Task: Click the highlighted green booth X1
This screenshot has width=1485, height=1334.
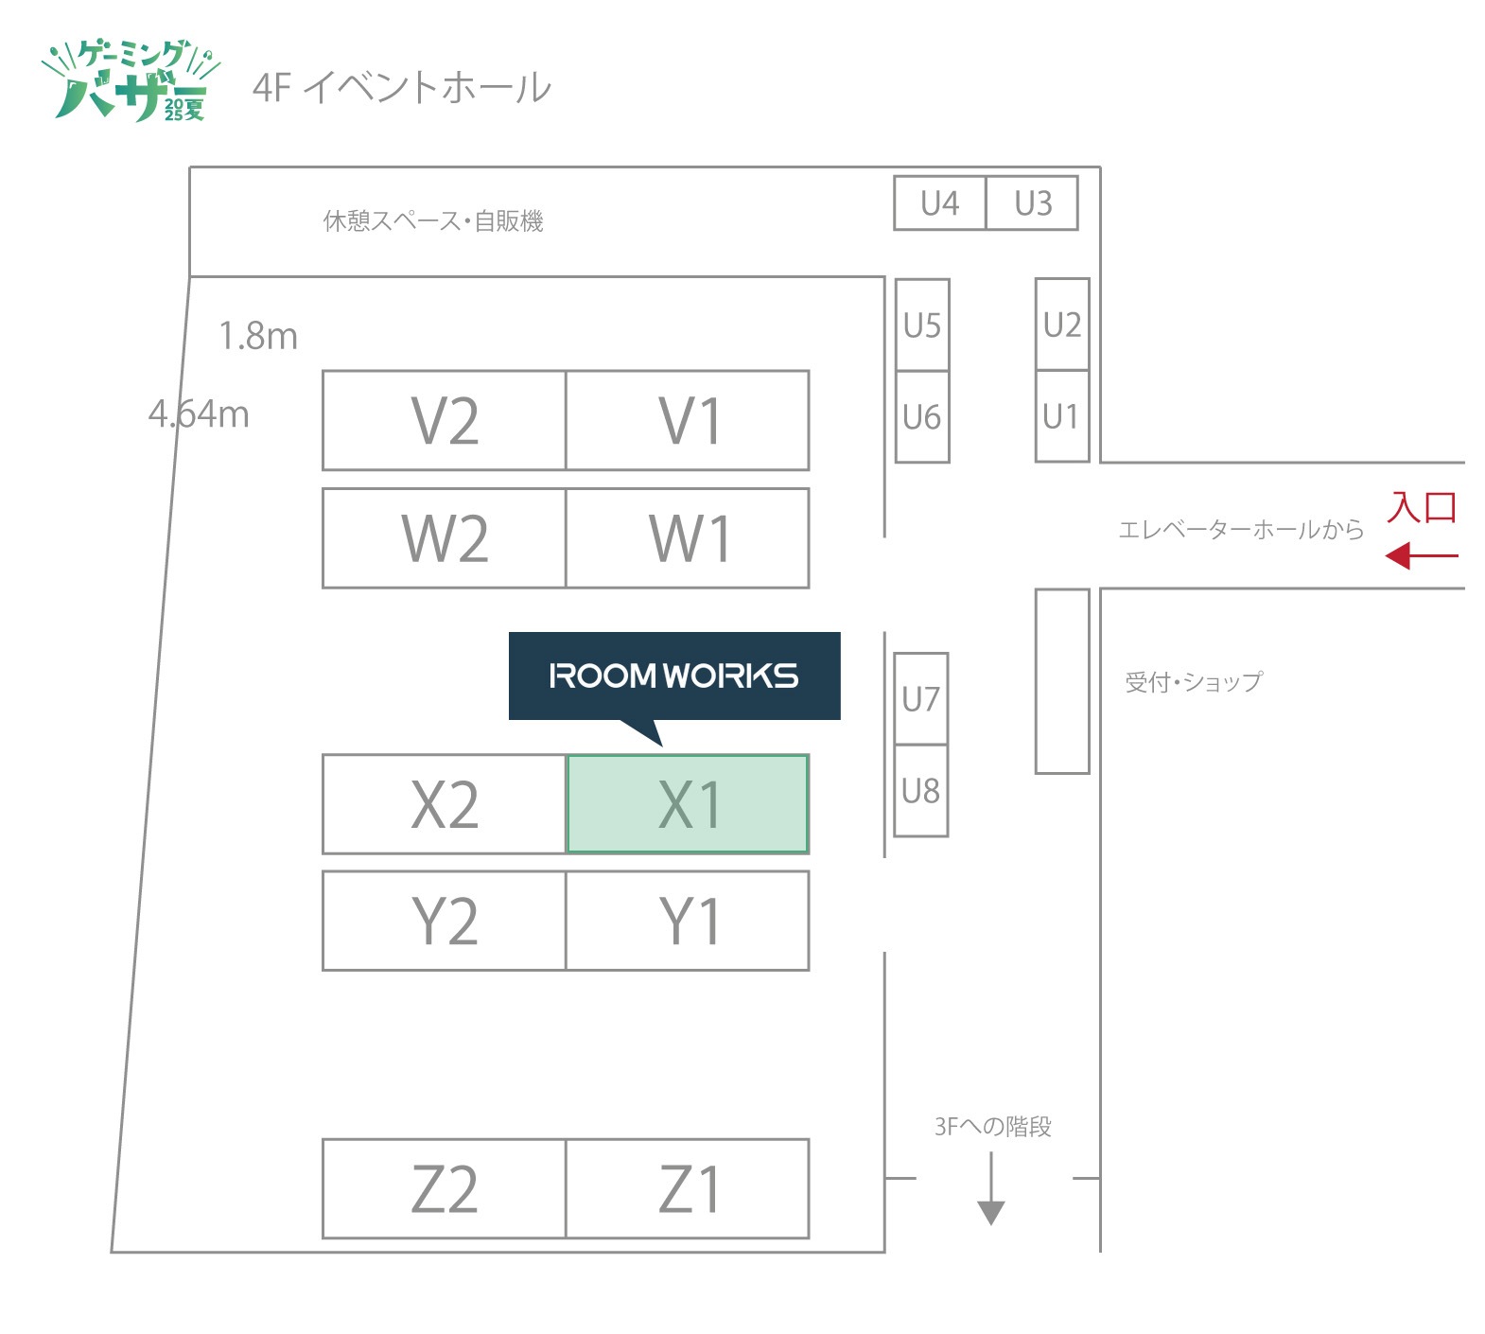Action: (688, 804)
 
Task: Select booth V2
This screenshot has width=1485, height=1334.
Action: (445, 420)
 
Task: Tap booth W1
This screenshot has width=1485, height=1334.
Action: (688, 538)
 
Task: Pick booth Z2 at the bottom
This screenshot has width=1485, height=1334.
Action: (445, 1188)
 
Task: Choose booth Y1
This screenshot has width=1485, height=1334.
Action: (688, 921)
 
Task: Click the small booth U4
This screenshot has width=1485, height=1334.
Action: (939, 203)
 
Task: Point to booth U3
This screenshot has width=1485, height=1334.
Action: (1032, 203)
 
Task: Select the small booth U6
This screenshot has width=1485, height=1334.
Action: (922, 416)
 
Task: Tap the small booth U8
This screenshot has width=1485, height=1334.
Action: (920, 790)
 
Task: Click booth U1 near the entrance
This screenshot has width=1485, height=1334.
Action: (1061, 416)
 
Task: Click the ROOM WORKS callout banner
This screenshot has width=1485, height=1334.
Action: (673, 676)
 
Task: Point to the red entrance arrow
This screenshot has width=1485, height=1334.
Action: (1421, 555)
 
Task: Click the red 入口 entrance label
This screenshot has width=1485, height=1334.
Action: (1421, 508)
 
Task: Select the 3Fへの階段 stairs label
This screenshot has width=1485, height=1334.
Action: (992, 1126)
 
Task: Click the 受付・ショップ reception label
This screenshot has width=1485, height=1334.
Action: (1193, 682)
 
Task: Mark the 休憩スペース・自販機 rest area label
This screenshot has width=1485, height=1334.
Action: (432, 221)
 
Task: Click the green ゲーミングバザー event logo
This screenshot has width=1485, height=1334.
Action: (131, 82)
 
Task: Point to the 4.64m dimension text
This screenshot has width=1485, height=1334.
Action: (199, 414)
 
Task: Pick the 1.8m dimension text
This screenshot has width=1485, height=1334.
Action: (257, 336)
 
